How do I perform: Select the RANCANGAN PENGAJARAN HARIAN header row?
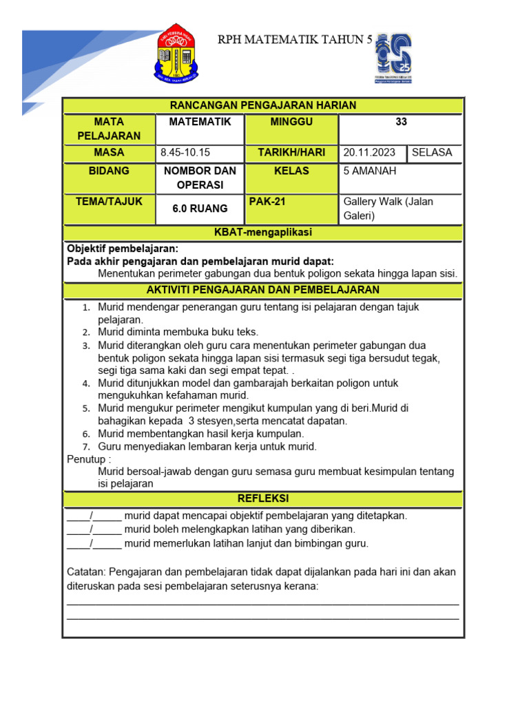(263, 105)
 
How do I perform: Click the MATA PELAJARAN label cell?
(109, 129)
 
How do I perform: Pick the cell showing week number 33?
(401, 122)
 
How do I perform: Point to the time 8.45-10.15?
(185, 153)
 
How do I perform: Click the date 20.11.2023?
(371, 153)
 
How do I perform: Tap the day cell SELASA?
(432, 153)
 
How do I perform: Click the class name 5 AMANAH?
(370, 171)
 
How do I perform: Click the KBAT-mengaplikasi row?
(263, 233)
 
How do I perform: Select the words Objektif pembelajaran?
(123, 249)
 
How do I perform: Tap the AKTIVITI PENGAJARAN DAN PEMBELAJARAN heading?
(263, 290)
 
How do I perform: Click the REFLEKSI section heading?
(263, 498)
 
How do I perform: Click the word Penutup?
(87, 459)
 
